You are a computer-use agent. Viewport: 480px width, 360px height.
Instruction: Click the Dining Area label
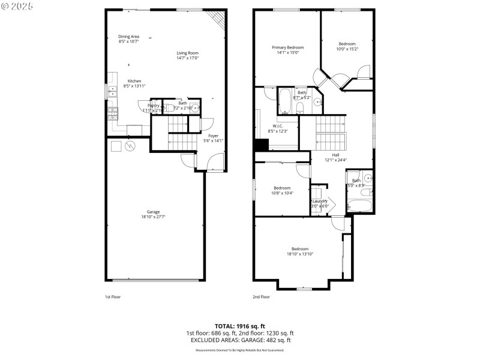click(128, 39)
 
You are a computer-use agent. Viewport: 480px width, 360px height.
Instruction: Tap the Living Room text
click(187, 55)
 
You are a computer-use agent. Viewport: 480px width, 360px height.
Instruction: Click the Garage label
click(154, 214)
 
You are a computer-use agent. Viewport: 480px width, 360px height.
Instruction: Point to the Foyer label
click(213, 139)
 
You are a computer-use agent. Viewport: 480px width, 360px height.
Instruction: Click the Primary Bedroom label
click(287, 50)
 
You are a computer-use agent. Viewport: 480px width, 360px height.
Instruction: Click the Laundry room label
click(320, 203)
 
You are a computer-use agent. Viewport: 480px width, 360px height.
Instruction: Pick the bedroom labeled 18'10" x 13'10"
click(300, 251)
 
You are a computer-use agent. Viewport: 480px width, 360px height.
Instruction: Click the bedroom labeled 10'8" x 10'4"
click(282, 190)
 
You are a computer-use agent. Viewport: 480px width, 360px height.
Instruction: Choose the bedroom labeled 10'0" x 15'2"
click(347, 46)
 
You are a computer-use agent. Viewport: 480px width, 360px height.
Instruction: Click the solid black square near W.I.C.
click(260, 146)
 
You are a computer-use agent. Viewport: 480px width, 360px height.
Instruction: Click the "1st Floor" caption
click(112, 296)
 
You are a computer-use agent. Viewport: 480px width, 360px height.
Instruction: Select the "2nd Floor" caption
click(261, 296)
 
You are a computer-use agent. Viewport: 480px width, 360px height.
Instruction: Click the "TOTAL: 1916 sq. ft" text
click(239, 326)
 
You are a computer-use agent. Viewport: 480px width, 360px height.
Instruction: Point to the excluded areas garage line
click(239, 340)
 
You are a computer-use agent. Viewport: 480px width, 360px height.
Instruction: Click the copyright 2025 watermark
click(17, 5)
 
